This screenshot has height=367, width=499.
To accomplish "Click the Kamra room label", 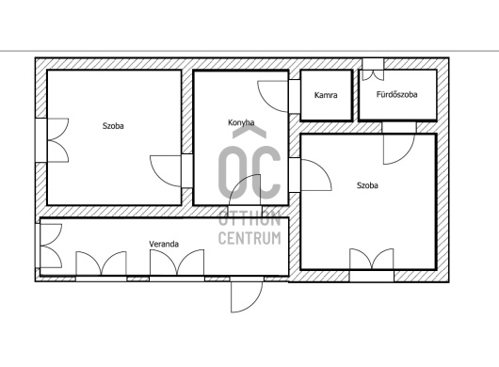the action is [326, 95].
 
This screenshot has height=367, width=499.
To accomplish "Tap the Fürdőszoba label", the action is [396, 94].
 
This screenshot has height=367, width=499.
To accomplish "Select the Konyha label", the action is [241, 122].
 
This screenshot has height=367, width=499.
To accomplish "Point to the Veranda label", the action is [164, 244].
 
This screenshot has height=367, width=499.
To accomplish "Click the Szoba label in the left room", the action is [113, 125].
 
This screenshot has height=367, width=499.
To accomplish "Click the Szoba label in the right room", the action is [367, 185].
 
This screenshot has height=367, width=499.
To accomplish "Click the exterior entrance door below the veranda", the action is [247, 295].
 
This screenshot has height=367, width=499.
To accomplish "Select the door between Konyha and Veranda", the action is [245, 190].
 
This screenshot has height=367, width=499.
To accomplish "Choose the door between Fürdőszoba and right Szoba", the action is [399, 143].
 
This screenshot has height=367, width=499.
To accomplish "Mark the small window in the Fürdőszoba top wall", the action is [373, 70].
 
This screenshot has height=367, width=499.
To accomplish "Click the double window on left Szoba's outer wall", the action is [52, 140].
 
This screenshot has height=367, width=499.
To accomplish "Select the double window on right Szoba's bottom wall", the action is [371, 265].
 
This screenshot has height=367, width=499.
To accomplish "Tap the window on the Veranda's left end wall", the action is [48, 246].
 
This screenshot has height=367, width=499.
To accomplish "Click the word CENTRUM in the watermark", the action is [249, 238].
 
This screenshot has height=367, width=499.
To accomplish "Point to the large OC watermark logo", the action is [249, 171].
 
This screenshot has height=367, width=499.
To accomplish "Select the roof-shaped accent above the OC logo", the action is [249, 132].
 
